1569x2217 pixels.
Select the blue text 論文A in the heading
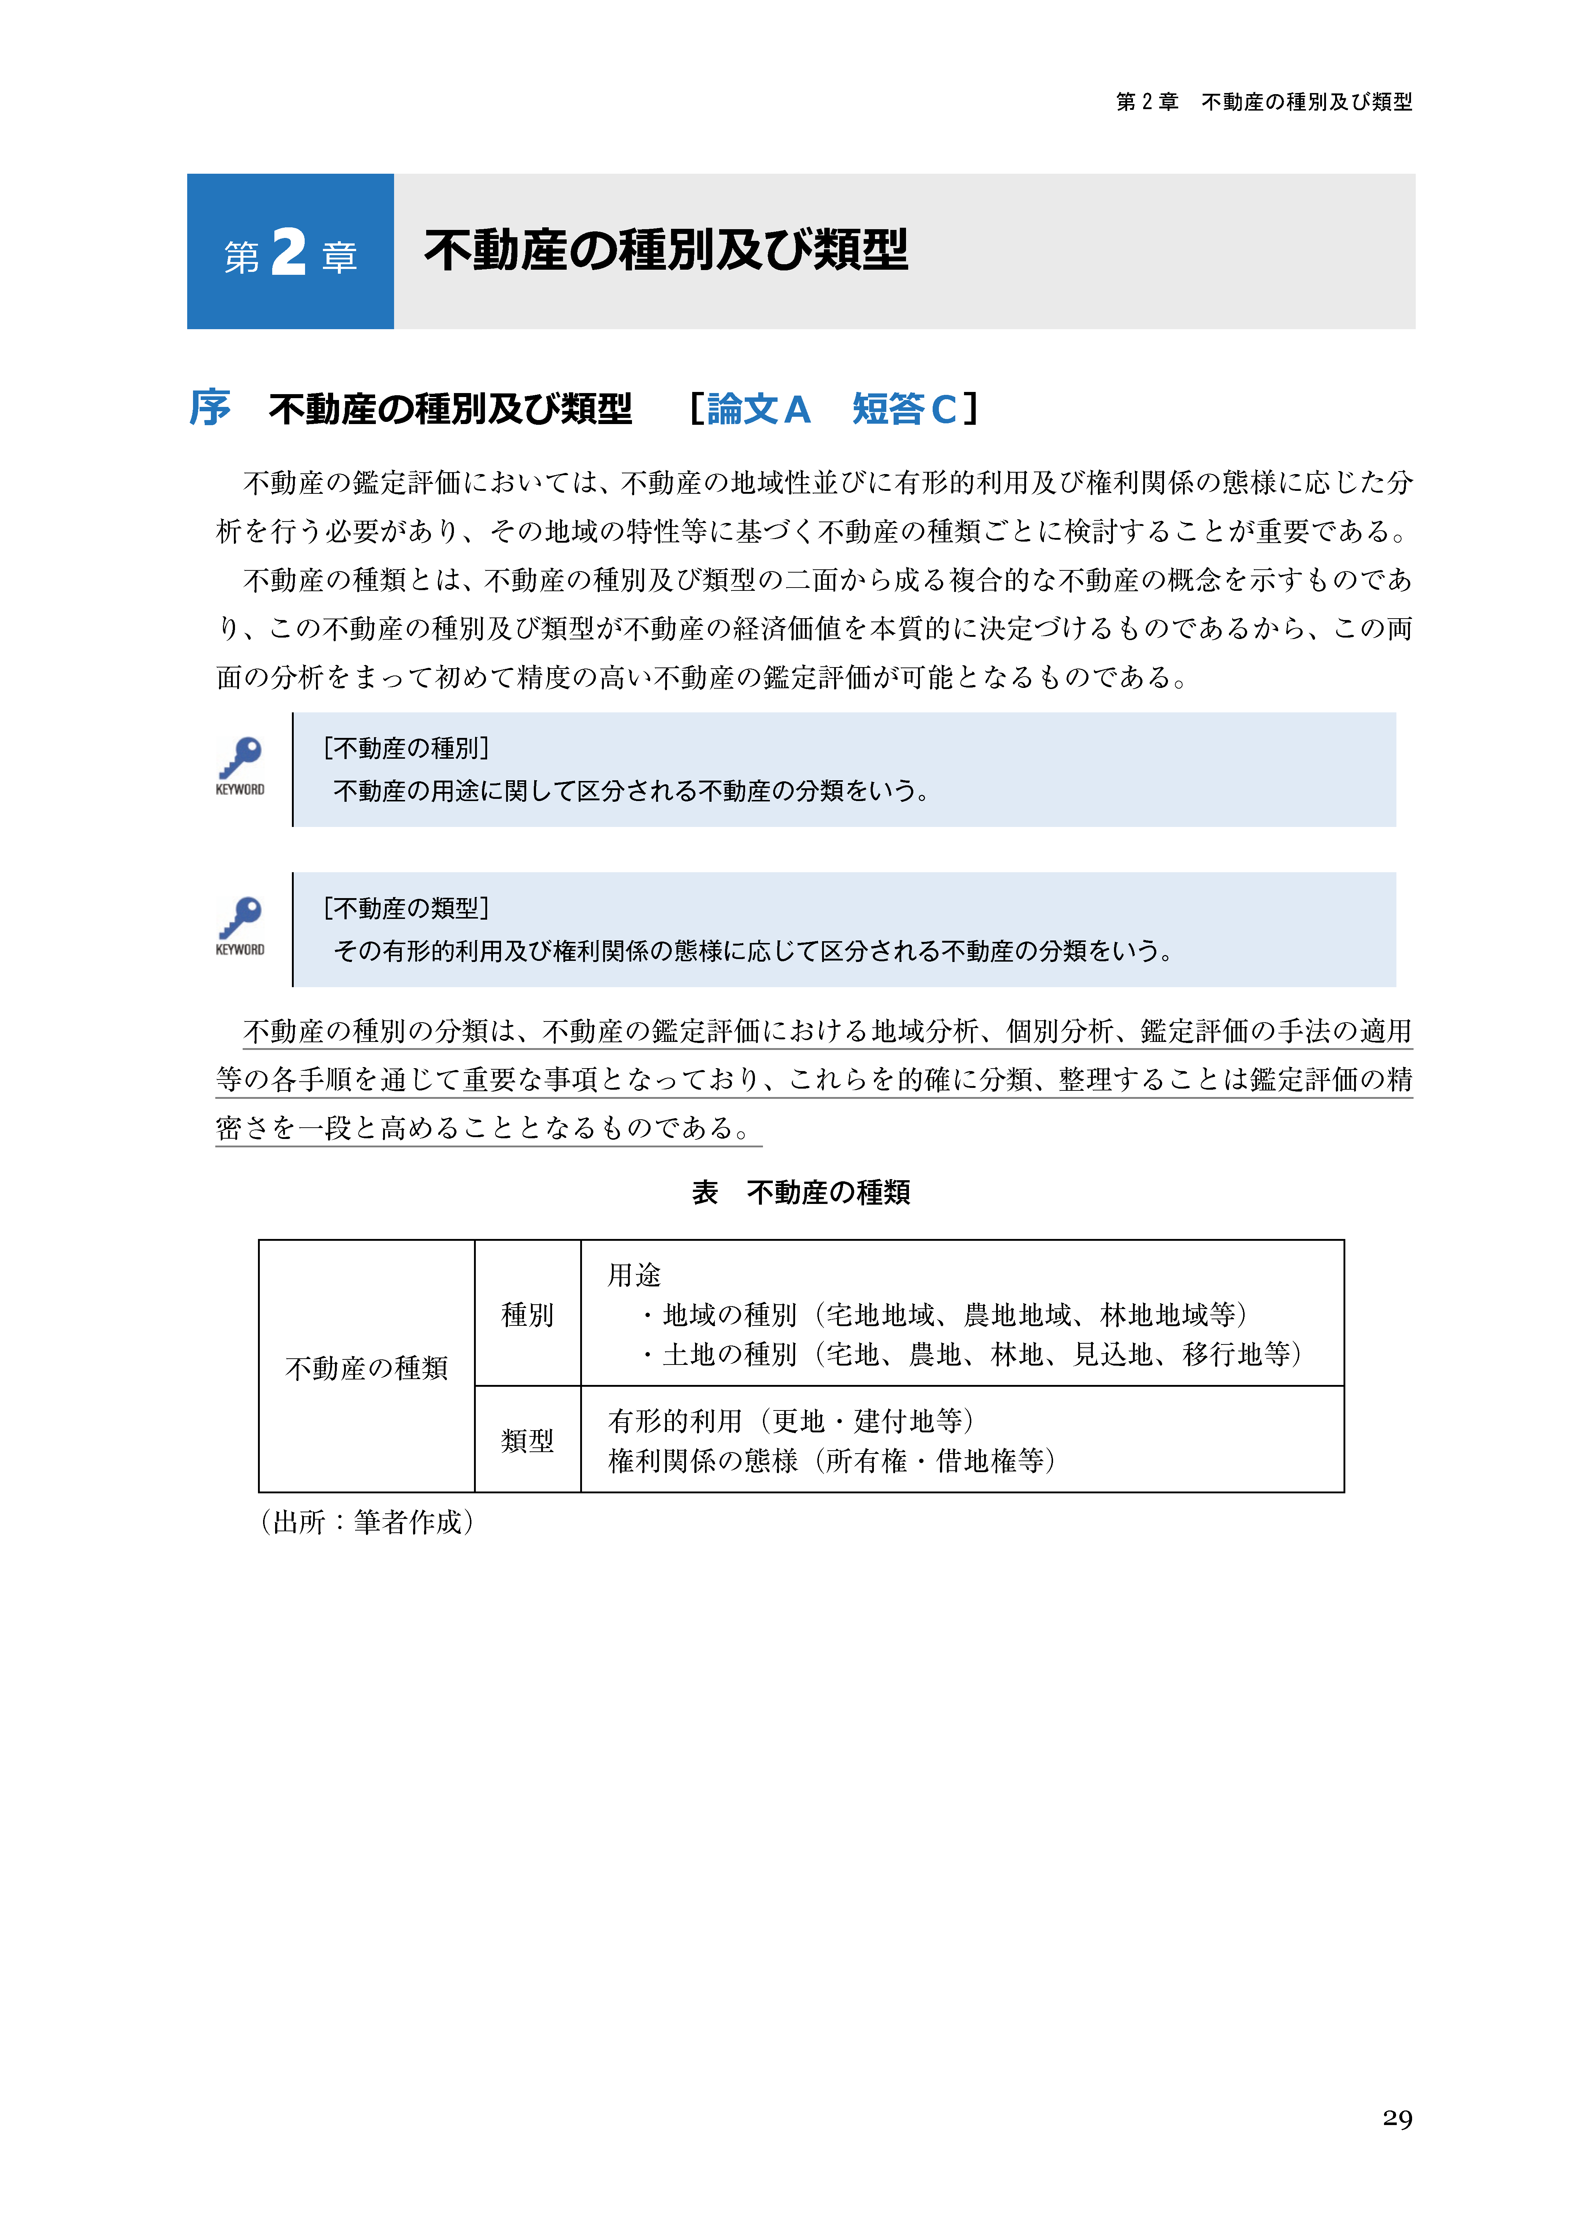(x=759, y=409)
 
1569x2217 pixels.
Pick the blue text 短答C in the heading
(x=904, y=409)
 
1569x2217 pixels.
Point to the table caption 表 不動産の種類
(x=801, y=1193)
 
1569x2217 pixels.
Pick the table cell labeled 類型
(x=528, y=1441)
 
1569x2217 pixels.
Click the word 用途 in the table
(x=634, y=1275)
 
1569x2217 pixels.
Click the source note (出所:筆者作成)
(x=367, y=1523)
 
